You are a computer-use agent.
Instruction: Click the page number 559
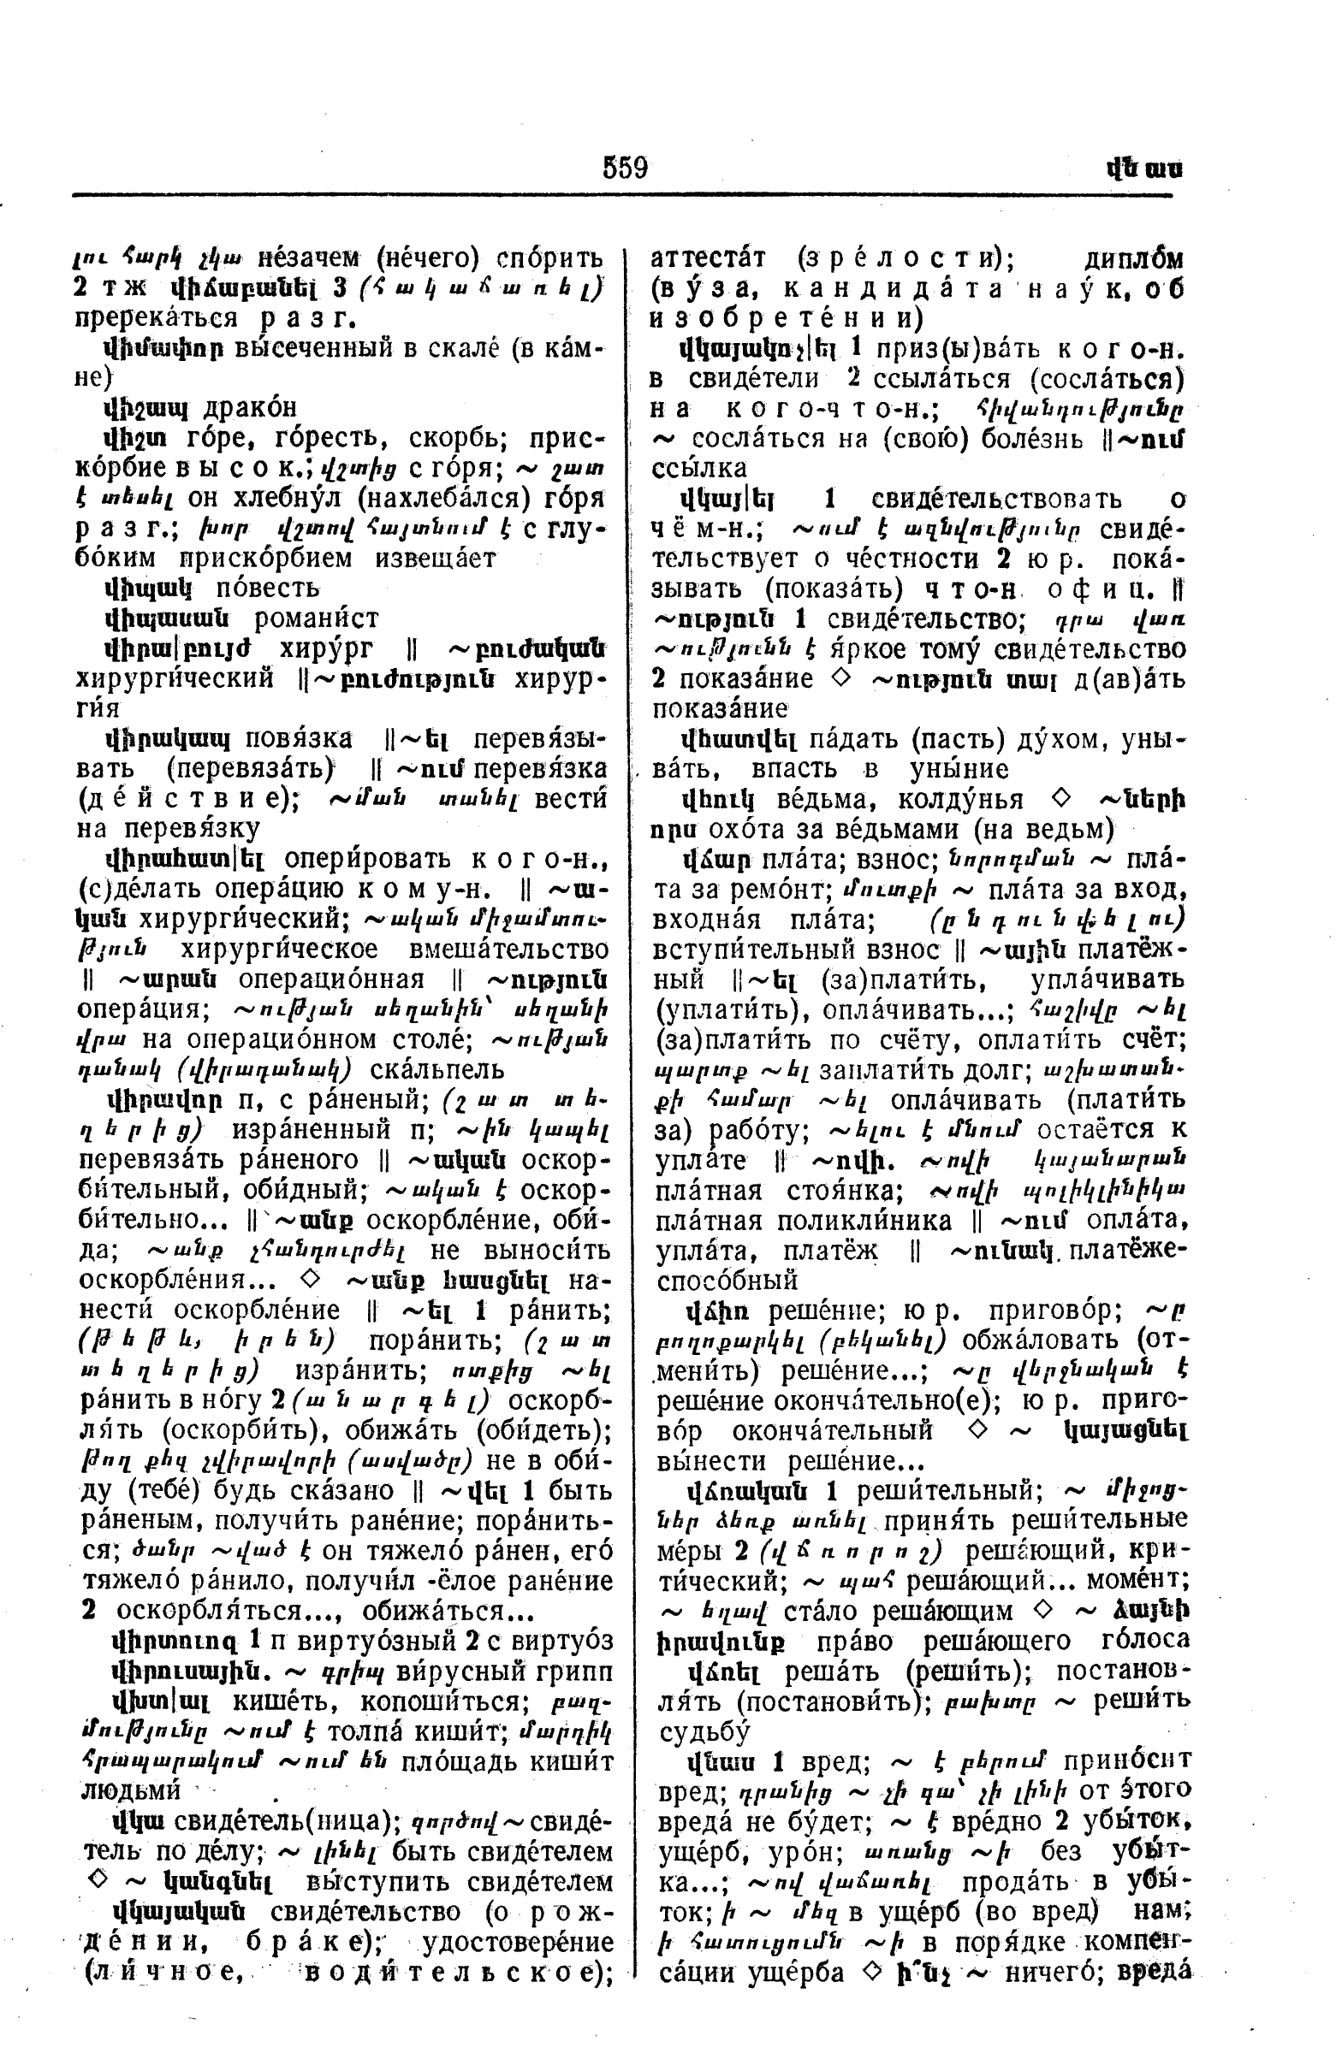[626, 167]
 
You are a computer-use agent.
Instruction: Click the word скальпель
[436, 1069]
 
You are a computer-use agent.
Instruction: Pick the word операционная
[330, 980]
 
